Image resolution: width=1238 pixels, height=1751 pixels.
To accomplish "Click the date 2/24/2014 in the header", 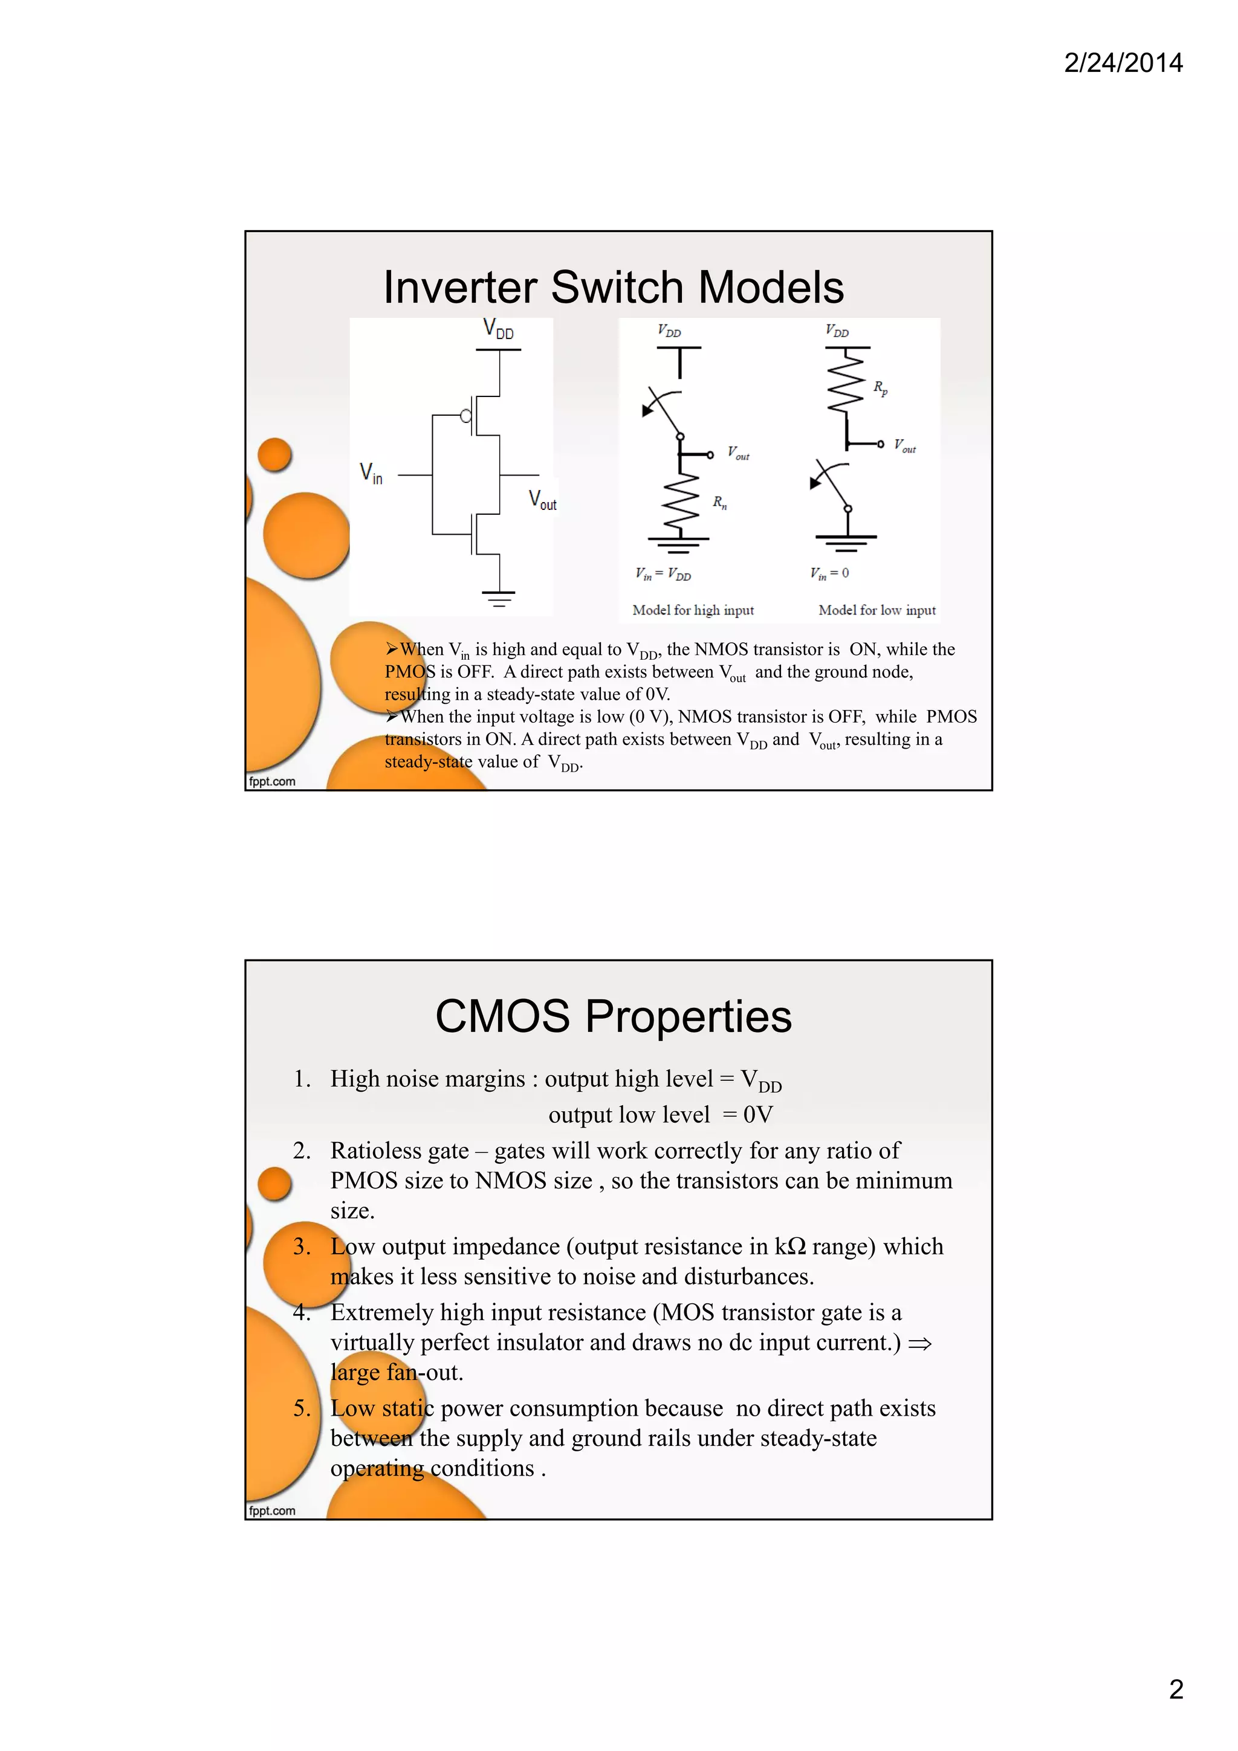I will [1123, 63].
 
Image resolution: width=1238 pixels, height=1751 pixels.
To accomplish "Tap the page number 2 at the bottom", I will [1176, 1689].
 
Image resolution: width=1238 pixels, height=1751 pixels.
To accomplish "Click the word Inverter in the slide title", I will [459, 288].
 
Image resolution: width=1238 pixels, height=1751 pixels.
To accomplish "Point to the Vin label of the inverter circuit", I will [371, 474].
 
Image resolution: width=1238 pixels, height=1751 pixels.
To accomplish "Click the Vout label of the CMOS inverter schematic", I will [542, 500].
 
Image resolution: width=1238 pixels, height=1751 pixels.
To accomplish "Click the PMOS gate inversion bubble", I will [465, 416].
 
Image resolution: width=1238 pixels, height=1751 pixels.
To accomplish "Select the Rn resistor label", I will [719, 502].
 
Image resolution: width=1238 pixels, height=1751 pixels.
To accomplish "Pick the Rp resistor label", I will [880, 387].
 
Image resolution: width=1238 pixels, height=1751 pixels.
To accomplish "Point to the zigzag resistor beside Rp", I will [846, 385].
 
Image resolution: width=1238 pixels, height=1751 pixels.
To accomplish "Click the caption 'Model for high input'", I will [693, 610].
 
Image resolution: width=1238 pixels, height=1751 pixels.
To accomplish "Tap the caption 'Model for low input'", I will [877, 610].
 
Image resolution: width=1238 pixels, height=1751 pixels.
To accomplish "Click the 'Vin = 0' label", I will [829, 573].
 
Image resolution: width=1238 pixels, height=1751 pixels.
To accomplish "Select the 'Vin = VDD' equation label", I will [663, 574].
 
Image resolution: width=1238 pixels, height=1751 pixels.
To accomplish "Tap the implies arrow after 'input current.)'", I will [920, 1343].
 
